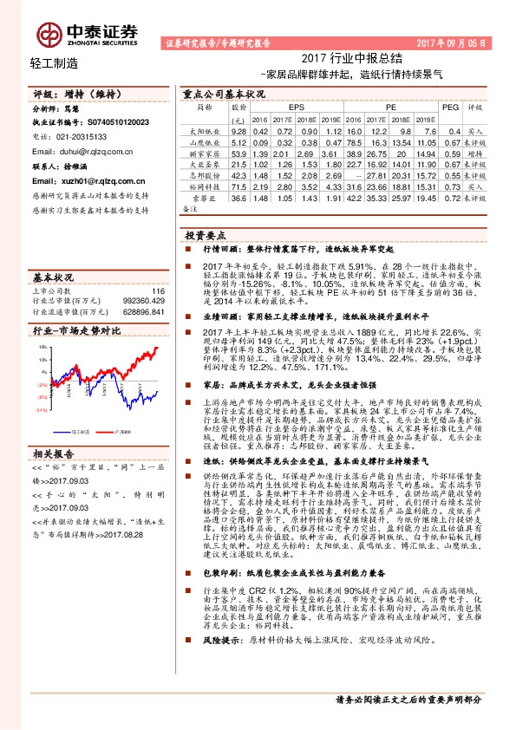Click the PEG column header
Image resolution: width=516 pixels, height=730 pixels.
tap(449, 107)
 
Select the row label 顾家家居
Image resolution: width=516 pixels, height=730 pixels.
tap(200, 153)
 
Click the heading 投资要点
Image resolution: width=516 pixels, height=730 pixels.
tap(206, 235)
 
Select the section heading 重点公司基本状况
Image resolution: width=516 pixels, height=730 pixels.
tap(224, 93)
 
